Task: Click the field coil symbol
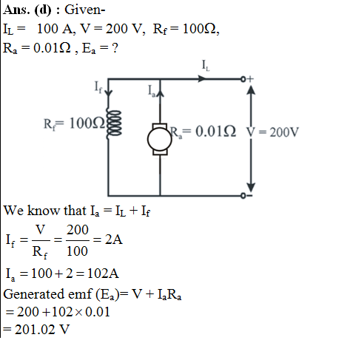[x=114, y=123]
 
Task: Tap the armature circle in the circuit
[x=160, y=139]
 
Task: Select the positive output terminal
[x=243, y=79]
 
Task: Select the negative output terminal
[x=243, y=196]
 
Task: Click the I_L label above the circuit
[x=206, y=66]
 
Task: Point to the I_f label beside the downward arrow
[x=98, y=87]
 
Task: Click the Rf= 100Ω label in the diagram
[x=74, y=123]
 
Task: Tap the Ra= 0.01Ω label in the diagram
[x=203, y=132]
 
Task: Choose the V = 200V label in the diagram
[x=273, y=132]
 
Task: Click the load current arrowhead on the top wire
[x=202, y=79]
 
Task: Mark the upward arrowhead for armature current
[x=161, y=92]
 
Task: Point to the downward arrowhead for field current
[x=108, y=93]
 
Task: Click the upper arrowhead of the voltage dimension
[x=251, y=90]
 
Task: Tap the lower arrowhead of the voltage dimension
[x=251, y=187]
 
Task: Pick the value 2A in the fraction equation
[x=114, y=240]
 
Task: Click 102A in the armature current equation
[x=103, y=274]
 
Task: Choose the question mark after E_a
[x=115, y=48]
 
